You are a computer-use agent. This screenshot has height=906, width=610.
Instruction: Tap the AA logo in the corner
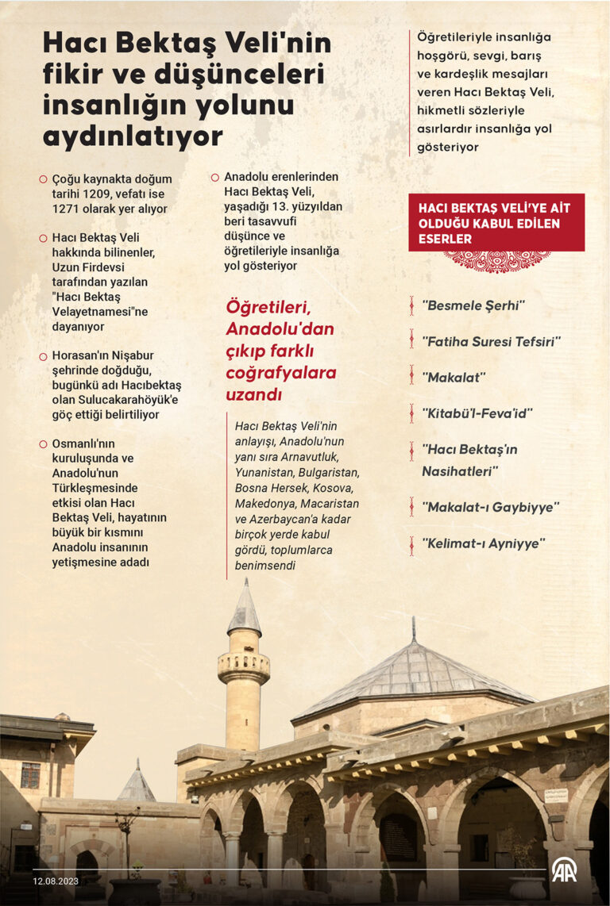[564, 870]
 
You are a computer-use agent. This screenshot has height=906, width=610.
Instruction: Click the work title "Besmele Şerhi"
[473, 305]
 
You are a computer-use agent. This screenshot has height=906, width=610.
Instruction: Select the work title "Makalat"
[454, 378]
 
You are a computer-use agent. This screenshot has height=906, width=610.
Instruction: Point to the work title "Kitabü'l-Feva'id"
[477, 413]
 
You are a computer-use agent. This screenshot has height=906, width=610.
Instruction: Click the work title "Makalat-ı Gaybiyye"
[490, 507]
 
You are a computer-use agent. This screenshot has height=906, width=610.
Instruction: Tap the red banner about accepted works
[496, 222]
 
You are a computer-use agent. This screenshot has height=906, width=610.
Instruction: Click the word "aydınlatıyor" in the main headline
[132, 136]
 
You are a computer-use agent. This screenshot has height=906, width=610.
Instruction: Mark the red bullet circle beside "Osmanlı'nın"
[43, 444]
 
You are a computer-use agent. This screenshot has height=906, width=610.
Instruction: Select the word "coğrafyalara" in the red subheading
[281, 372]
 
